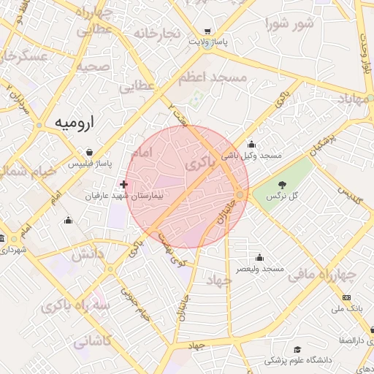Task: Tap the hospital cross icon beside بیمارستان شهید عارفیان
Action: tap(123, 185)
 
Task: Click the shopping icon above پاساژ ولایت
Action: tap(209, 31)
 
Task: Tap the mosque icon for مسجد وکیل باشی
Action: tap(252, 144)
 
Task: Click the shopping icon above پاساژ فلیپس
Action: tap(89, 153)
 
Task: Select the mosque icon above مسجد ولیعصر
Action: tap(259, 258)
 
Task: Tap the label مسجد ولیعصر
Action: tap(259, 270)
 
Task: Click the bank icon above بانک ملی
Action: tap(346, 298)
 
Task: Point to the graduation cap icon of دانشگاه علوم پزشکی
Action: tap(297, 350)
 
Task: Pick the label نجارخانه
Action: tap(156, 34)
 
